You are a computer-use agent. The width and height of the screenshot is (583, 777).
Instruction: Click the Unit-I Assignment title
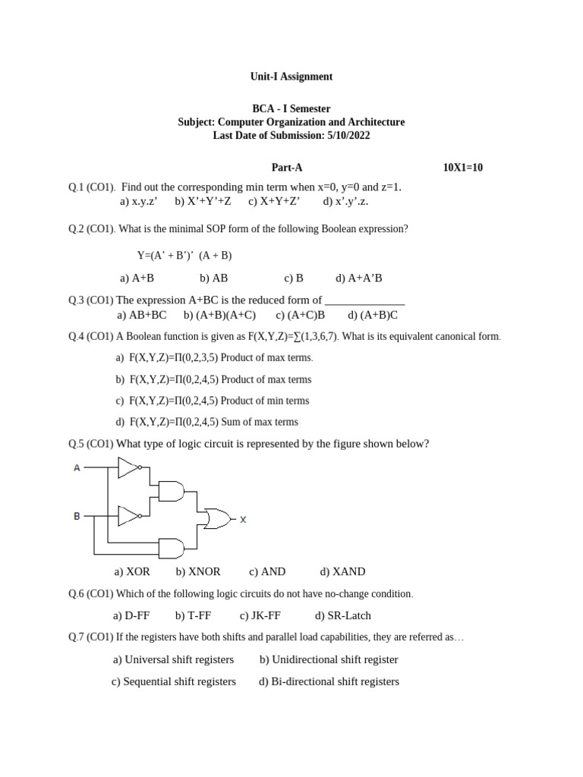click(291, 77)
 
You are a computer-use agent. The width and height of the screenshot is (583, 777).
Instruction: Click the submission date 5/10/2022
click(348, 135)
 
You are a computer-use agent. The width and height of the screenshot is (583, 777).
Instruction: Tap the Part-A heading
click(287, 168)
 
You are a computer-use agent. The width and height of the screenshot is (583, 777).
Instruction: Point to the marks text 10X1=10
click(462, 168)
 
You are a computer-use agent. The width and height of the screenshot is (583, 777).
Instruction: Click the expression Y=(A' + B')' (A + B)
click(184, 256)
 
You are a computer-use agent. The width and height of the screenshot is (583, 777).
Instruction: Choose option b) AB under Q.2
click(214, 278)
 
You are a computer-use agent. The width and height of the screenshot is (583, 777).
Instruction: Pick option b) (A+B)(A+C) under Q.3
click(219, 315)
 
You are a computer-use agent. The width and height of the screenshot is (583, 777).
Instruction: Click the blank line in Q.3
click(364, 301)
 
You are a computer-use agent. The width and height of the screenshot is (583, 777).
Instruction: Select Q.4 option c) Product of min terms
click(213, 401)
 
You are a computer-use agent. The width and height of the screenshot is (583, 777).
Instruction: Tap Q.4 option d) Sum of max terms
click(206, 422)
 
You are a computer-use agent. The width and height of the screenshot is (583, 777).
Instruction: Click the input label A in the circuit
click(77, 468)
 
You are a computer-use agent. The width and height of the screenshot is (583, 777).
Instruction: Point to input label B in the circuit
click(77, 517)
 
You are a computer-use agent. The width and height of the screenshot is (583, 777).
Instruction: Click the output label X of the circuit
click(243, 520)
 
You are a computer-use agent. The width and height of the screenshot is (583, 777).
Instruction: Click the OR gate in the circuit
click(217, 519)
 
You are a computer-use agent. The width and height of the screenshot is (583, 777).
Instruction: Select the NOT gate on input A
click(129, 468)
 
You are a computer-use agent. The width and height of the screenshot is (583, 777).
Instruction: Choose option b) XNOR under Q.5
click(198, 572)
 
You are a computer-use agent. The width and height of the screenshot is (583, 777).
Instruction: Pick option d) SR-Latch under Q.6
click(343, 615)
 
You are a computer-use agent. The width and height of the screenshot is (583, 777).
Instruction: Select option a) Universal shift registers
click(173, 659)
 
